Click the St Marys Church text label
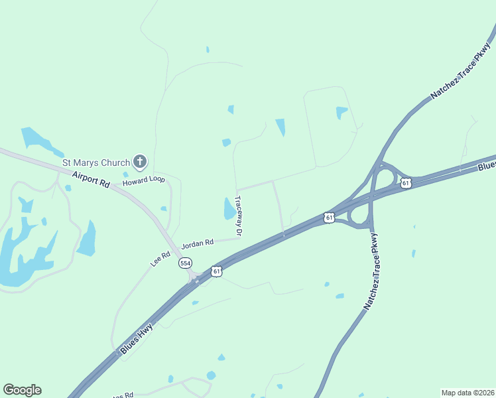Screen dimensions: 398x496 coord(95,163)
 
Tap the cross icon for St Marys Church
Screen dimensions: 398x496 coord(139,161)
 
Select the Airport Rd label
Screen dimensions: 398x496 coord(90,180)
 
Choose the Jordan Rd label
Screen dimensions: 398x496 coord(198,243)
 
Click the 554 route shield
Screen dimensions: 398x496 coord(185,263)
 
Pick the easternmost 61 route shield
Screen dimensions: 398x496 coord(406,182)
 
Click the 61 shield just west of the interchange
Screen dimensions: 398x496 coord(330,217)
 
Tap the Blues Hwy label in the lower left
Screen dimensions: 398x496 coord(137,338)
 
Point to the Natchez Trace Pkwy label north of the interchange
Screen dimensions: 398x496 coord(460,72)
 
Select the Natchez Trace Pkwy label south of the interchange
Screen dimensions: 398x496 coord(371,273)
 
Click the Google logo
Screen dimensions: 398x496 coord(22,390)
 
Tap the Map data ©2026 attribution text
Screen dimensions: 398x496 coord(467,393)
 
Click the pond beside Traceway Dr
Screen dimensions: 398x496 coord(229,209)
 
